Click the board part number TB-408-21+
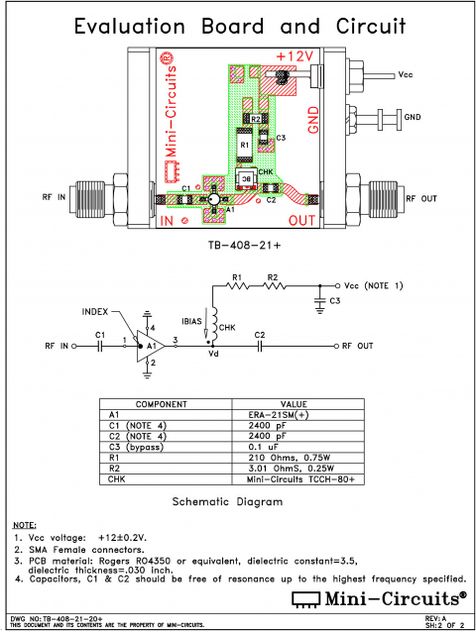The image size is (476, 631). click(239, 245)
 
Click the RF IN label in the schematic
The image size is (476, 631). click(57, 346)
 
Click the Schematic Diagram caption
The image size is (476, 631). click(227, 502)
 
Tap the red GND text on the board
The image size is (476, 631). click(315, 117)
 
